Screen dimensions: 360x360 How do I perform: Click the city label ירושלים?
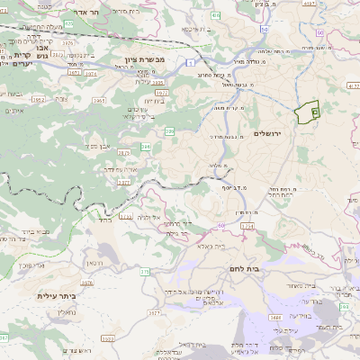pyautogui.click(x=269, y=133)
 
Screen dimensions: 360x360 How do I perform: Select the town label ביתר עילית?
pyautogui.click(x=55, y=296)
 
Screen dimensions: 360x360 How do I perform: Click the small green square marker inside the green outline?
pyautogui.click(x=315, y=112)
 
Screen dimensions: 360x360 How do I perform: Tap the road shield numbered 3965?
pyautogui.click(x=158, y=82)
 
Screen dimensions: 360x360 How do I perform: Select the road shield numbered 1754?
pyautogui.click(x=247, y=226)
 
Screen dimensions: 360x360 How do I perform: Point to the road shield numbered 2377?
pyautogui.click(x=124, y=183)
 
